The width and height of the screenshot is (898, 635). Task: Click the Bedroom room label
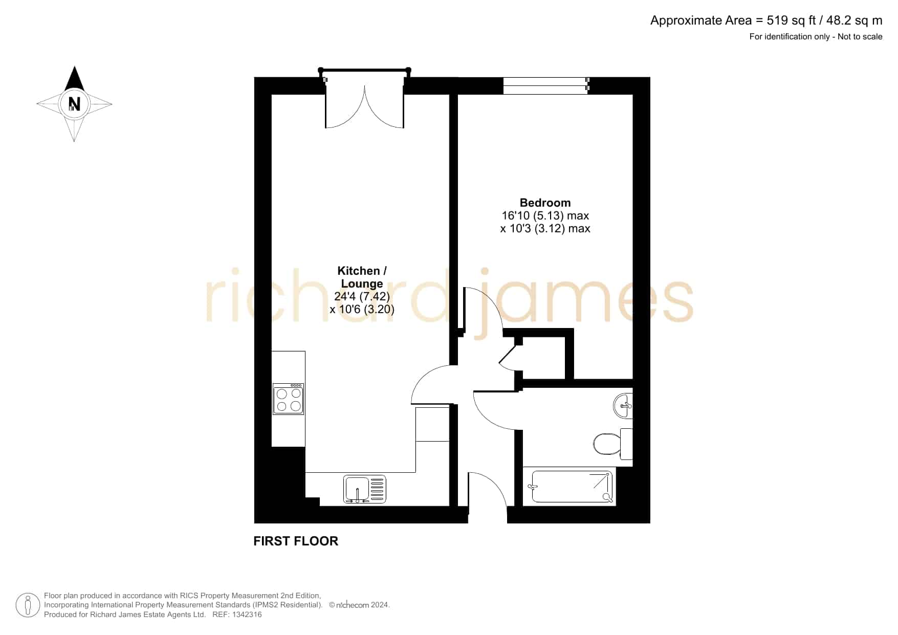545,203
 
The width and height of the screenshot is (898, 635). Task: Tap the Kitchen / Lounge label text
362,277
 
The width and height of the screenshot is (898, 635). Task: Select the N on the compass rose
75,104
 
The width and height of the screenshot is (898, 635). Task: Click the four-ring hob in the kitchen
289,399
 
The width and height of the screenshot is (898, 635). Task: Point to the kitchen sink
365,489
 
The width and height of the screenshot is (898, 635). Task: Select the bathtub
570,487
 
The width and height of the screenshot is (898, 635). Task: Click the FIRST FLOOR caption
296,541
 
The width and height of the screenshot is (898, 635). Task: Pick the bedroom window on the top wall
546,86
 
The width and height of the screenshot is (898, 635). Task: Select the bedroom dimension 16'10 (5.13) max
545,216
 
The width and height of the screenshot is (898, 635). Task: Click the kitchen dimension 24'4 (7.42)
362,296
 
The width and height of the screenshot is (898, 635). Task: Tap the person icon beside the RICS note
28,605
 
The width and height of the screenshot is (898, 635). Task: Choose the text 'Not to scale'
860,36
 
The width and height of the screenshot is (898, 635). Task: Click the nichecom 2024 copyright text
359,605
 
